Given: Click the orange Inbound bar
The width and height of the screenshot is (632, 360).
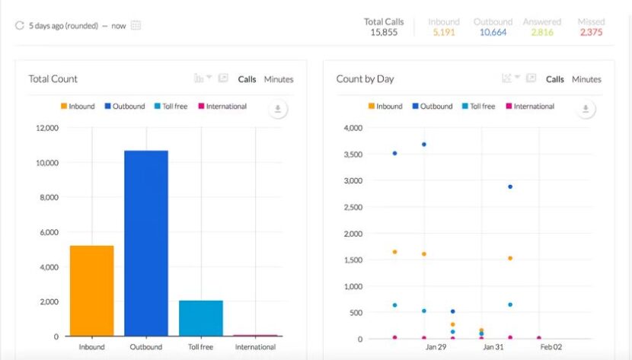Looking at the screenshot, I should coord(91,290).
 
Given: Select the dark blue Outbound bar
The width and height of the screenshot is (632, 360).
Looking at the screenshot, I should coord(146,243).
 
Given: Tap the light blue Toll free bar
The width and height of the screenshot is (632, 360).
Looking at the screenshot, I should coord(201,317).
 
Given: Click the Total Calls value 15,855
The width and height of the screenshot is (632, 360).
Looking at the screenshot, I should coord(384,33).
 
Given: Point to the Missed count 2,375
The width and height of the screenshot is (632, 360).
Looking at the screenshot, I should coord(592,33).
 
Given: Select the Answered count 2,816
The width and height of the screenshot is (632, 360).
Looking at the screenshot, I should coord(542,33).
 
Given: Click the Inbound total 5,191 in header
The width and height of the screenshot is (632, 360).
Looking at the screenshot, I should coord(443,33).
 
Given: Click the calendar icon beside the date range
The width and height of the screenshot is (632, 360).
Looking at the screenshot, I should coord(136,25).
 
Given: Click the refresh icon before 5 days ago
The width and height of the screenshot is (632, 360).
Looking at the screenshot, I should coord(20,25).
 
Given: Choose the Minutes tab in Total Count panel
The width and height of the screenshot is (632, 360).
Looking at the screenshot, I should coord(278,79).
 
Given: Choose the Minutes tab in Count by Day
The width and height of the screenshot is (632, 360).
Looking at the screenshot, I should coord(586,79).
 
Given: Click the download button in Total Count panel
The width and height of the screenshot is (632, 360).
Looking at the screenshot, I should coord(278,110).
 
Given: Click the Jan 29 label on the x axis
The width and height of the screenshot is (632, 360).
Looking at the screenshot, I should coord(436,347).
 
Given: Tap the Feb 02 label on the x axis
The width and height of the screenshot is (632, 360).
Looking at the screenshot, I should coord(551,347).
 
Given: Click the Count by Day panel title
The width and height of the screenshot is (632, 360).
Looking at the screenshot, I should coord(365,79).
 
